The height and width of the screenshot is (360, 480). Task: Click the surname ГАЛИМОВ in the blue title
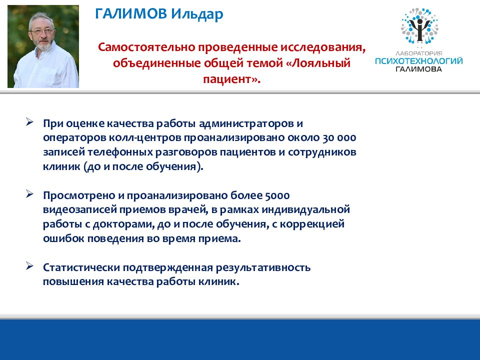[x=131, y=14]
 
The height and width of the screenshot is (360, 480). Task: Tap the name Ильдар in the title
[x=197, y=14]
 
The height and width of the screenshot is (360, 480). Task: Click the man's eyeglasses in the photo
[x=42, y=31]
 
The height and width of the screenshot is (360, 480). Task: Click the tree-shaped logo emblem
[x=419, y=26]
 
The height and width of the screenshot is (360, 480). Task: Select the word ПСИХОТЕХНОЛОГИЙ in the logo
[x=419, y=61]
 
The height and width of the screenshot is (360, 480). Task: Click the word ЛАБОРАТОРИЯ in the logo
[x=419, y=53]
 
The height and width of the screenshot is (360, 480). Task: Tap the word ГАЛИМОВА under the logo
[x=419, y=69]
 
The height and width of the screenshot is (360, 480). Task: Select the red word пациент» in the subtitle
[x=231, y=79]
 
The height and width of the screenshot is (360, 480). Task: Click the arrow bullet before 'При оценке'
[x=29, y=122]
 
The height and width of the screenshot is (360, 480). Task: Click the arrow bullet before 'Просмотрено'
[x=29, y=194]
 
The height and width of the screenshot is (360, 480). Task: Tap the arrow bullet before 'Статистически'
[x=29, y=265]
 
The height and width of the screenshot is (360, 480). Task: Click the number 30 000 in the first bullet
[x=339, y=138]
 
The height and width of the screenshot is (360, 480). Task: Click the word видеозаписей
[x=79, y=210]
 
